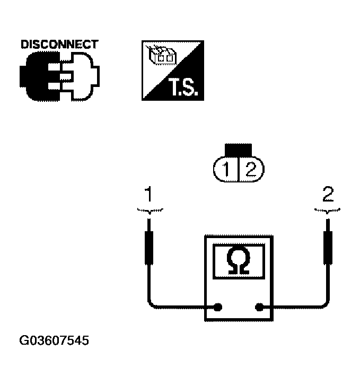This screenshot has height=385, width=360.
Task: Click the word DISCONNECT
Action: (x=59, y=44)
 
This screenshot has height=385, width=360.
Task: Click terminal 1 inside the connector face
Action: (x=226, y=170)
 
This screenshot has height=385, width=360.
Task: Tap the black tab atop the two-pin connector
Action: (x=238, y=150)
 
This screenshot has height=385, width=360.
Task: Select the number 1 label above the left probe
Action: (x=150, y=195)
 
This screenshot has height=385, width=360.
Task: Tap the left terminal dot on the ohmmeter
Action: (x=217, y=307)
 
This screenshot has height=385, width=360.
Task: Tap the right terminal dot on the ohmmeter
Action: (x=260, y=307)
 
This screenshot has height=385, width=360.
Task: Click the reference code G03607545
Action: (x=55, y=340)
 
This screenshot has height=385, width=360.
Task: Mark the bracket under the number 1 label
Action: (x=150, y=211)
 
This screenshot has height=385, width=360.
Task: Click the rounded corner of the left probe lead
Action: (x=152, y=304)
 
